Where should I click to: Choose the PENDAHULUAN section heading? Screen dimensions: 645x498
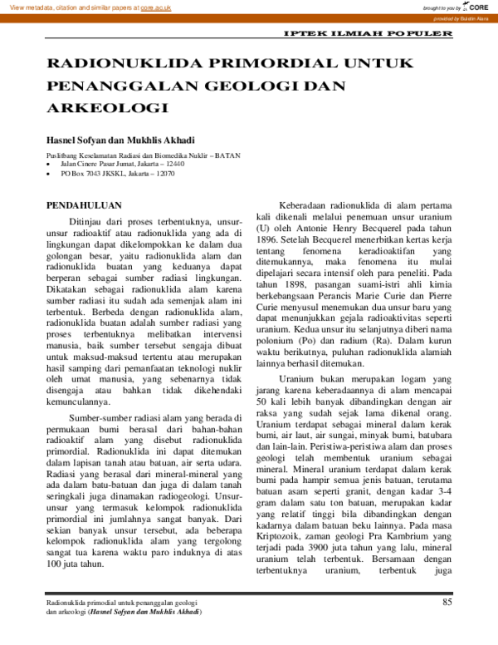(84, 204)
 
